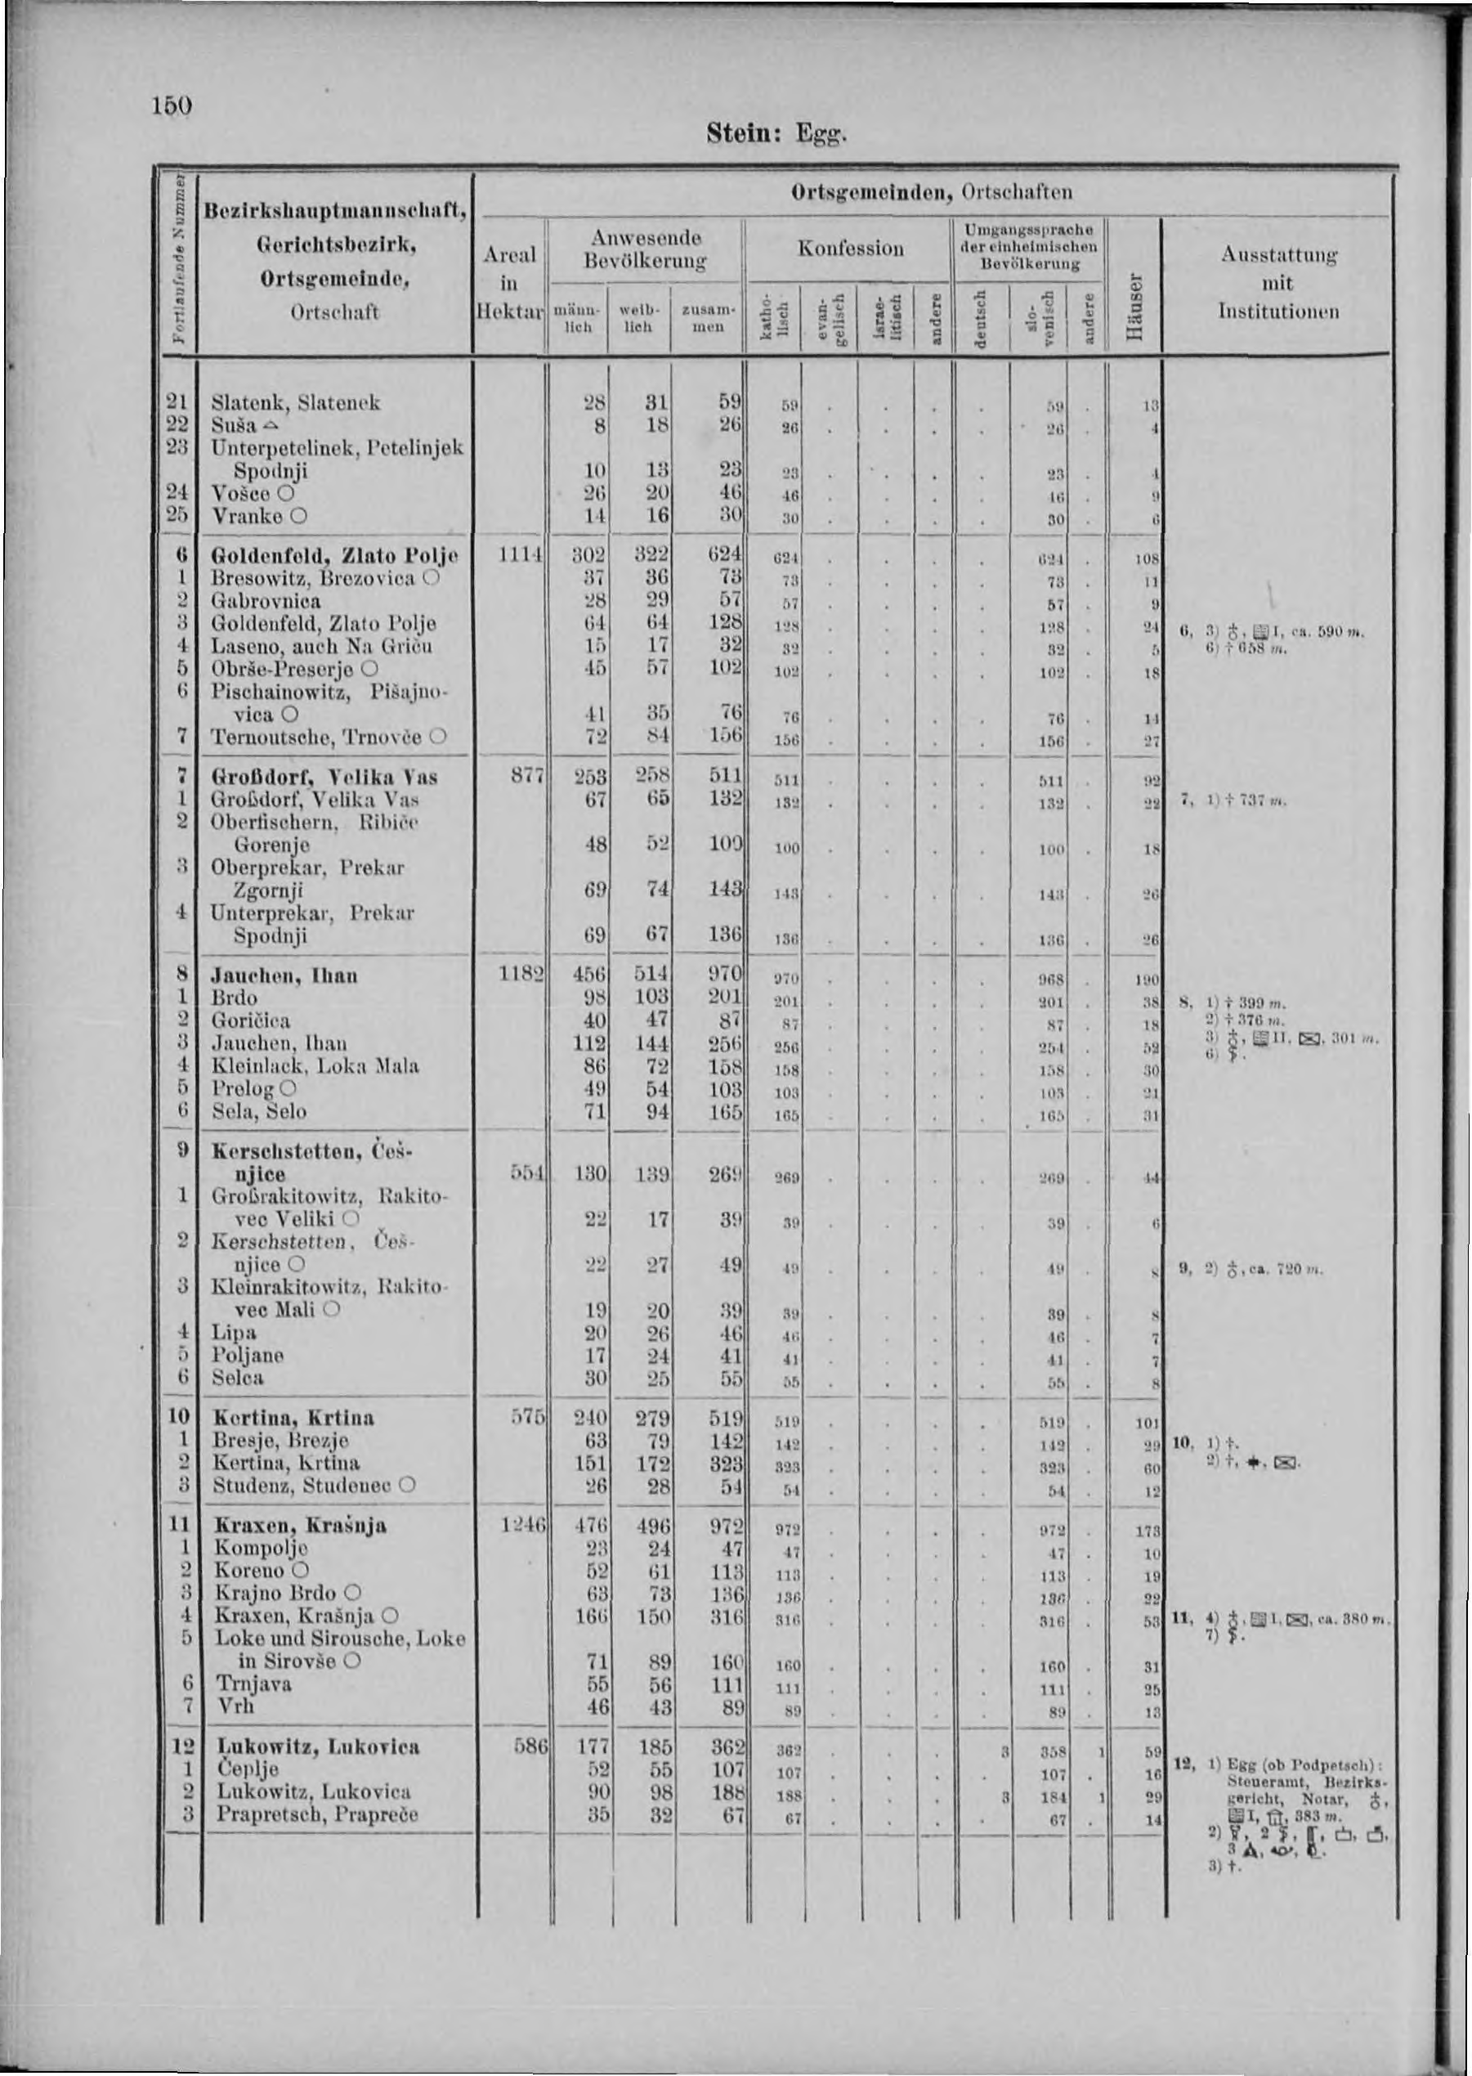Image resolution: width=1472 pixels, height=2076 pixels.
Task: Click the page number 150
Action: point(172,105)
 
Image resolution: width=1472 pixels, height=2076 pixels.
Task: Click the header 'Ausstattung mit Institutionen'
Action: point(1278,284)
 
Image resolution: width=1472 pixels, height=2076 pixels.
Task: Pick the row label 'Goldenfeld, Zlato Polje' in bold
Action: point(335,555)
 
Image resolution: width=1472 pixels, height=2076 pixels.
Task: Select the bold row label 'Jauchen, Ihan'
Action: point(284,975)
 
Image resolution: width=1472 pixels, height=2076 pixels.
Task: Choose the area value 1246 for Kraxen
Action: point(521,1525)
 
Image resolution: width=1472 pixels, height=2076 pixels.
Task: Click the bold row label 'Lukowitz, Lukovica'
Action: point(316,1746)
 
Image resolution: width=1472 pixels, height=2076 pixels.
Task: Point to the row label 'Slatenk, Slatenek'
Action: point(296,401)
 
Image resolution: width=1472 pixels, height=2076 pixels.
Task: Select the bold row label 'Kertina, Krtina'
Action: point(293,1417)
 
